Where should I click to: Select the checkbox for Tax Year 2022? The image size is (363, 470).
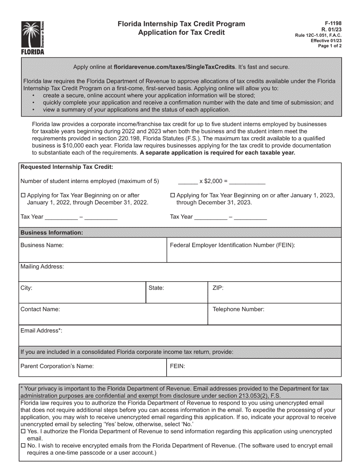(23, 196)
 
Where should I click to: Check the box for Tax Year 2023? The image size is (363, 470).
(172, 196)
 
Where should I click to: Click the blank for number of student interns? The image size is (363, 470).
(188, 181)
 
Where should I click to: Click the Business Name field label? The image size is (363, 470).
(42, 245)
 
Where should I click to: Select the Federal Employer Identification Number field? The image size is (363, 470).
(232, 245)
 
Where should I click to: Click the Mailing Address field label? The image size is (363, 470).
(42, 267)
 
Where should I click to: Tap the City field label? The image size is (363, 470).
(26, 288)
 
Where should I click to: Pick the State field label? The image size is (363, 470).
(156, 288)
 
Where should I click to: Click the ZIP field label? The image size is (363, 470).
(218, 288)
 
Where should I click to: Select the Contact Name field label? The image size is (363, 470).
(40, 310)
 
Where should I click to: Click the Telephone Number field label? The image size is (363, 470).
(238, 310)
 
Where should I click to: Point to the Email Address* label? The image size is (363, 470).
(41, 331)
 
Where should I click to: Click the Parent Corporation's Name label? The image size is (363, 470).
(57, 366)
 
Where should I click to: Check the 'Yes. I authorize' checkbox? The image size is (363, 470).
(23, 431)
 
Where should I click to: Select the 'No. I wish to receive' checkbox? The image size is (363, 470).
(23, 446)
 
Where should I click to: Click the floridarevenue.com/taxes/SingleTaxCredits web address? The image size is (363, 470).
(175, 67)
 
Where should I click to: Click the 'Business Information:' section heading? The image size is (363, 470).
(52, 233)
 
